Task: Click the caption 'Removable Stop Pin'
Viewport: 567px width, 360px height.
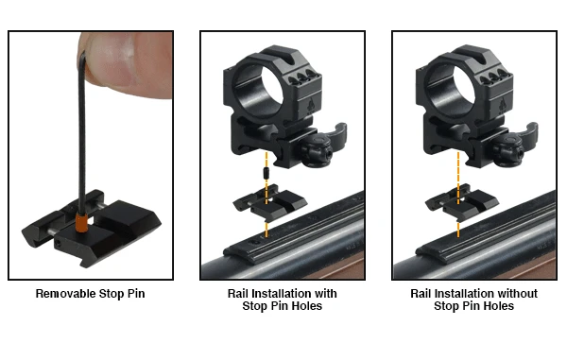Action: click(91, 294)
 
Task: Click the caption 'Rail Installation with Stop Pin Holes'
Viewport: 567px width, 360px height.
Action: click(282, 300)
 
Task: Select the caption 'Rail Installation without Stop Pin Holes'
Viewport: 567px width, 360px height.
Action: click(473, 300)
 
